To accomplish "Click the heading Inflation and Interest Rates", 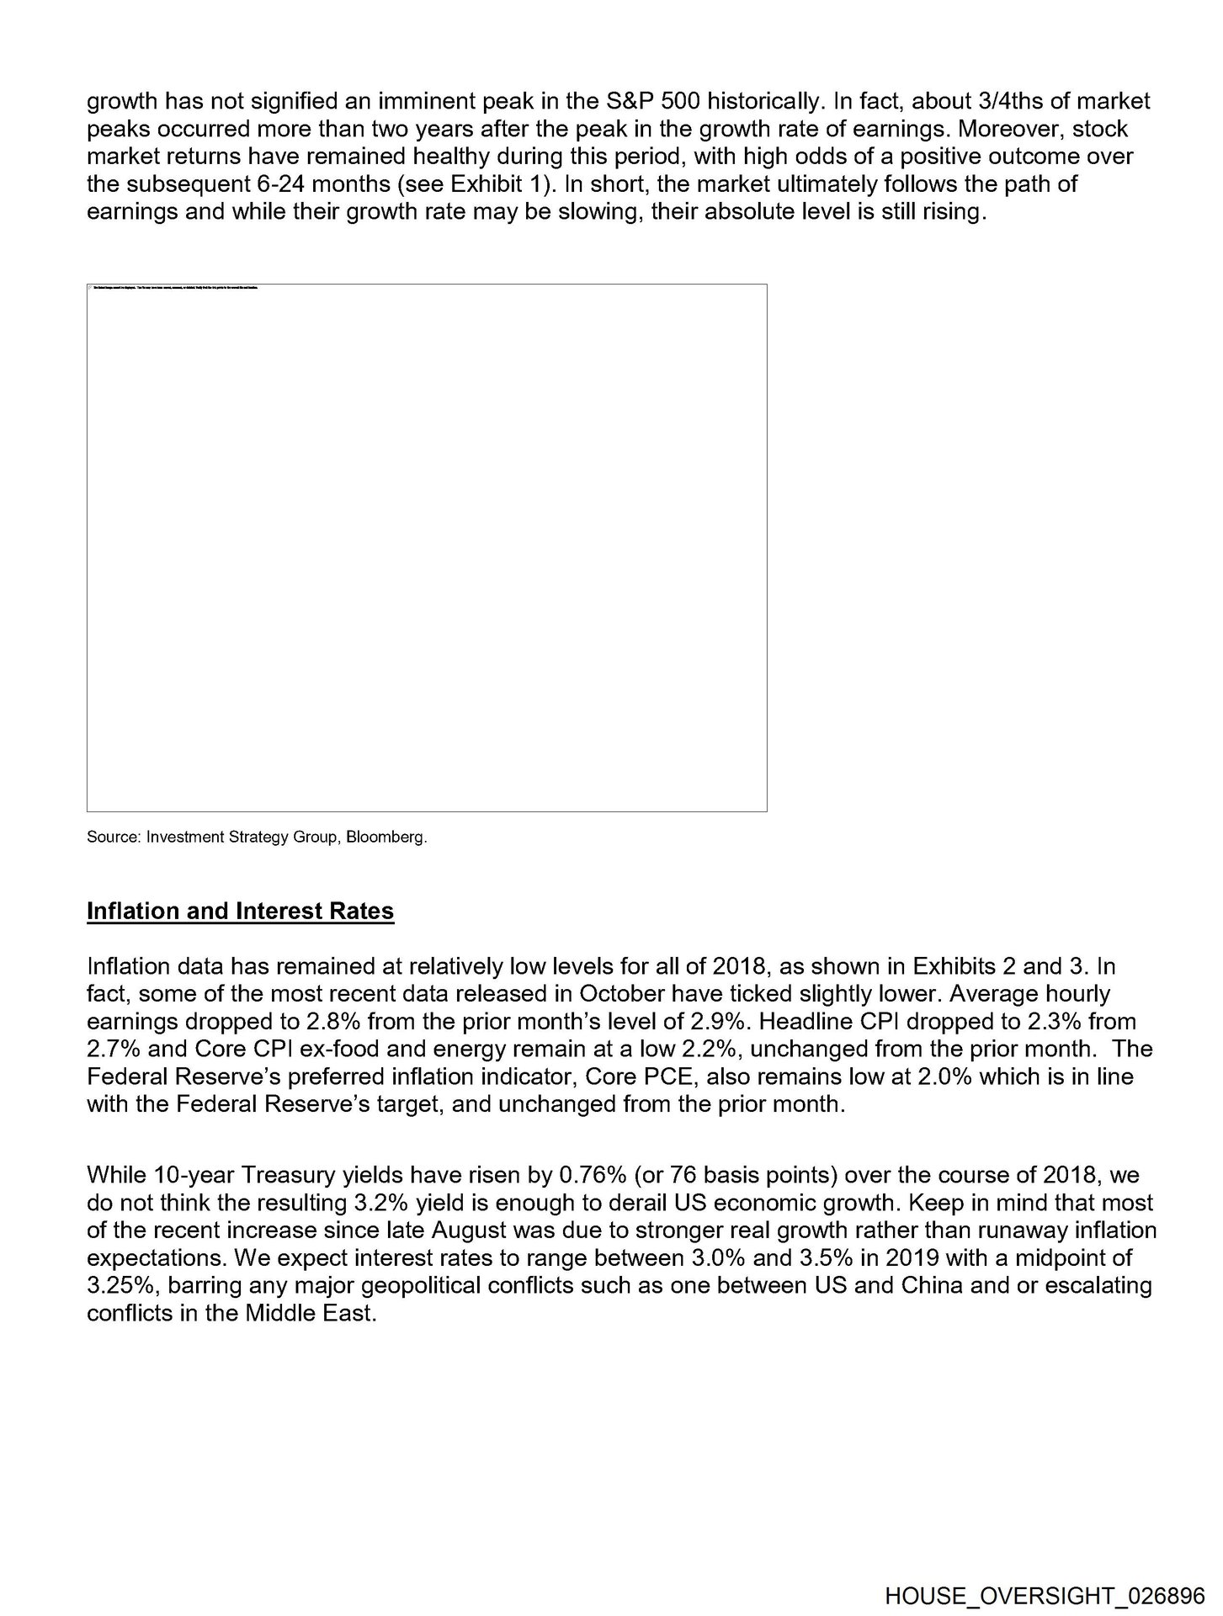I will pyautogui.click(x=240, y=912).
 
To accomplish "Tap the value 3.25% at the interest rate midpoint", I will pyautogui.click(x=115, y=1285).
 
